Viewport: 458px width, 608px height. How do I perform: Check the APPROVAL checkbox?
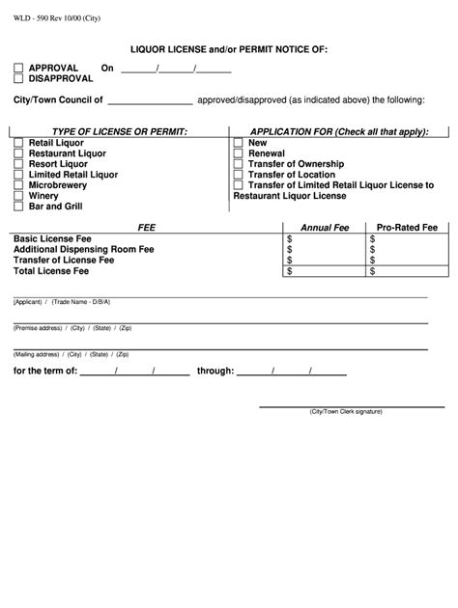[18, 69]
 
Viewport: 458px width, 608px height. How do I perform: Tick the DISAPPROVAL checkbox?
[18, 79]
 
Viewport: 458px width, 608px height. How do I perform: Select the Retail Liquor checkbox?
[19, 143]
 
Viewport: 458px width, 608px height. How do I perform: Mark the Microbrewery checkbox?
[19, 185]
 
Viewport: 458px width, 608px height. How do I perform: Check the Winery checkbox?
[19, 196]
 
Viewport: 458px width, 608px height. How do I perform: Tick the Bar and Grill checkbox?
[19, 207]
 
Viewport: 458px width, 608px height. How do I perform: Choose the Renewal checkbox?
[239, 153]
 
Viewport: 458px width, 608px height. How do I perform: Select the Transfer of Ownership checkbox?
[239, 164]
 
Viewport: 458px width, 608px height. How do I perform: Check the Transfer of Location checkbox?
[239, 175]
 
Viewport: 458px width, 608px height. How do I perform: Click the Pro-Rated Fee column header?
[407, 228]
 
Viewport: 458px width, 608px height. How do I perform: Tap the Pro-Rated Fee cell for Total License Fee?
[408, 271]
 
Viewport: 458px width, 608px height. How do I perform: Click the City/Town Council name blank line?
[150, 100]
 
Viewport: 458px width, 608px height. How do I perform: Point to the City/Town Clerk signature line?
[346, 405]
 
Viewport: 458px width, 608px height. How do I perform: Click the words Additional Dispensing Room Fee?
[83, 249]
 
